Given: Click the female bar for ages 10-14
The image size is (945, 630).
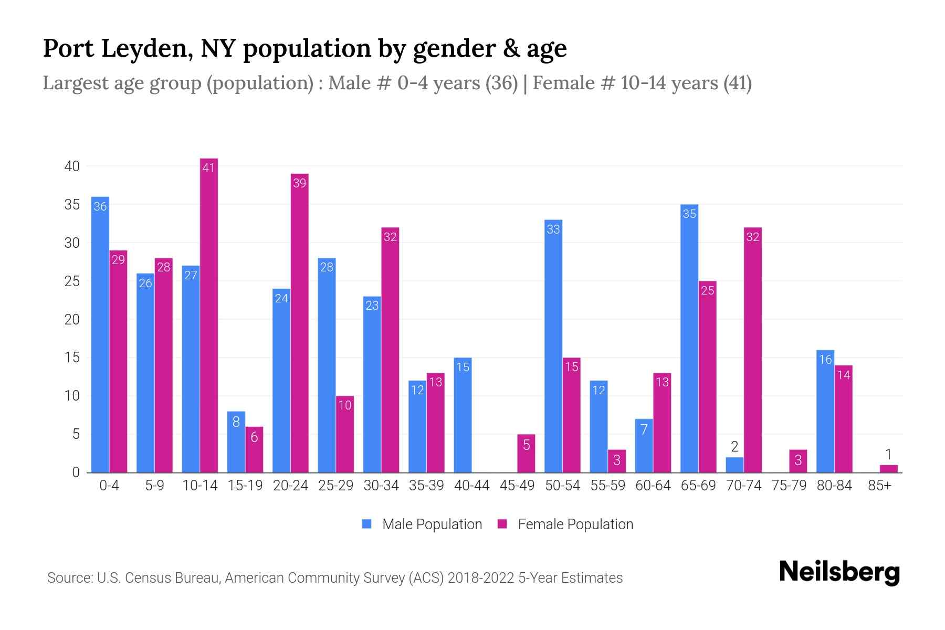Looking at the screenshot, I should click(x=209, y=315).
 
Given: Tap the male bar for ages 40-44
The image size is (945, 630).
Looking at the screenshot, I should click(x=463, y=415).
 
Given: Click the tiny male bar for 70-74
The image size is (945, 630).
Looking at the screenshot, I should click(x=734, y=465).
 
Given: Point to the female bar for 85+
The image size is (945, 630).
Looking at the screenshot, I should click(x=888, y=468).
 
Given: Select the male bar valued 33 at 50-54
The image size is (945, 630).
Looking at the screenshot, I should click(x=553, y=346).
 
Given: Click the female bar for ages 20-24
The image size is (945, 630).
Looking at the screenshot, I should click(x=299, y=323).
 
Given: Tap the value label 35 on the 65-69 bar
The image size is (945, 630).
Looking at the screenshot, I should click(x=689, y=214).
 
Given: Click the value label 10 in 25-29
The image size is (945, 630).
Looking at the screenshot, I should click(x=345, y=405).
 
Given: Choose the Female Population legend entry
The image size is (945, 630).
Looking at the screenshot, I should click(x=565, y=524).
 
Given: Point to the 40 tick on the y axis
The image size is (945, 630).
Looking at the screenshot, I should click(x=72, y=166).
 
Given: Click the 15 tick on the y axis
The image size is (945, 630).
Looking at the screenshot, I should click(x=72, y=358).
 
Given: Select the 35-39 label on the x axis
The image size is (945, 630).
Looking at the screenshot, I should click(x=426, y=486).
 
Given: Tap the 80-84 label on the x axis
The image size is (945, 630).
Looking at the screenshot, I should click(x=834, y=486).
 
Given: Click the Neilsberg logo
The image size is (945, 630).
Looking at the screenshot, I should click(x=839, y=572).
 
